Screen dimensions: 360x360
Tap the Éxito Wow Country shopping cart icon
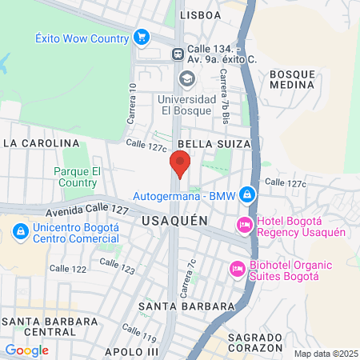coord(142,38)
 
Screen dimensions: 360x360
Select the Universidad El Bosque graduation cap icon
coord(186,78)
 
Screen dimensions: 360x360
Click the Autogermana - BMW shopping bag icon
coord(248,194)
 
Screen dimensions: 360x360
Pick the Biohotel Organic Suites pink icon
coord(237,267)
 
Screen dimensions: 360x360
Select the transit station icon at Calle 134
coord(178,54)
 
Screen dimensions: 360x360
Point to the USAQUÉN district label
coord(174,219)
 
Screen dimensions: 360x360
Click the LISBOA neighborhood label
coord(200,14)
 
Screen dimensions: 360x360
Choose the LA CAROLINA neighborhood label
coord(42,143)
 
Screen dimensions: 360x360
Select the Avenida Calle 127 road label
coord(88,210)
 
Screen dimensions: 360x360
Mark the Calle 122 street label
coord(68,269)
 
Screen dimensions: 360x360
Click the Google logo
coord(26,350)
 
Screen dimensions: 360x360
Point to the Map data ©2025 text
coord(324,354)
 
